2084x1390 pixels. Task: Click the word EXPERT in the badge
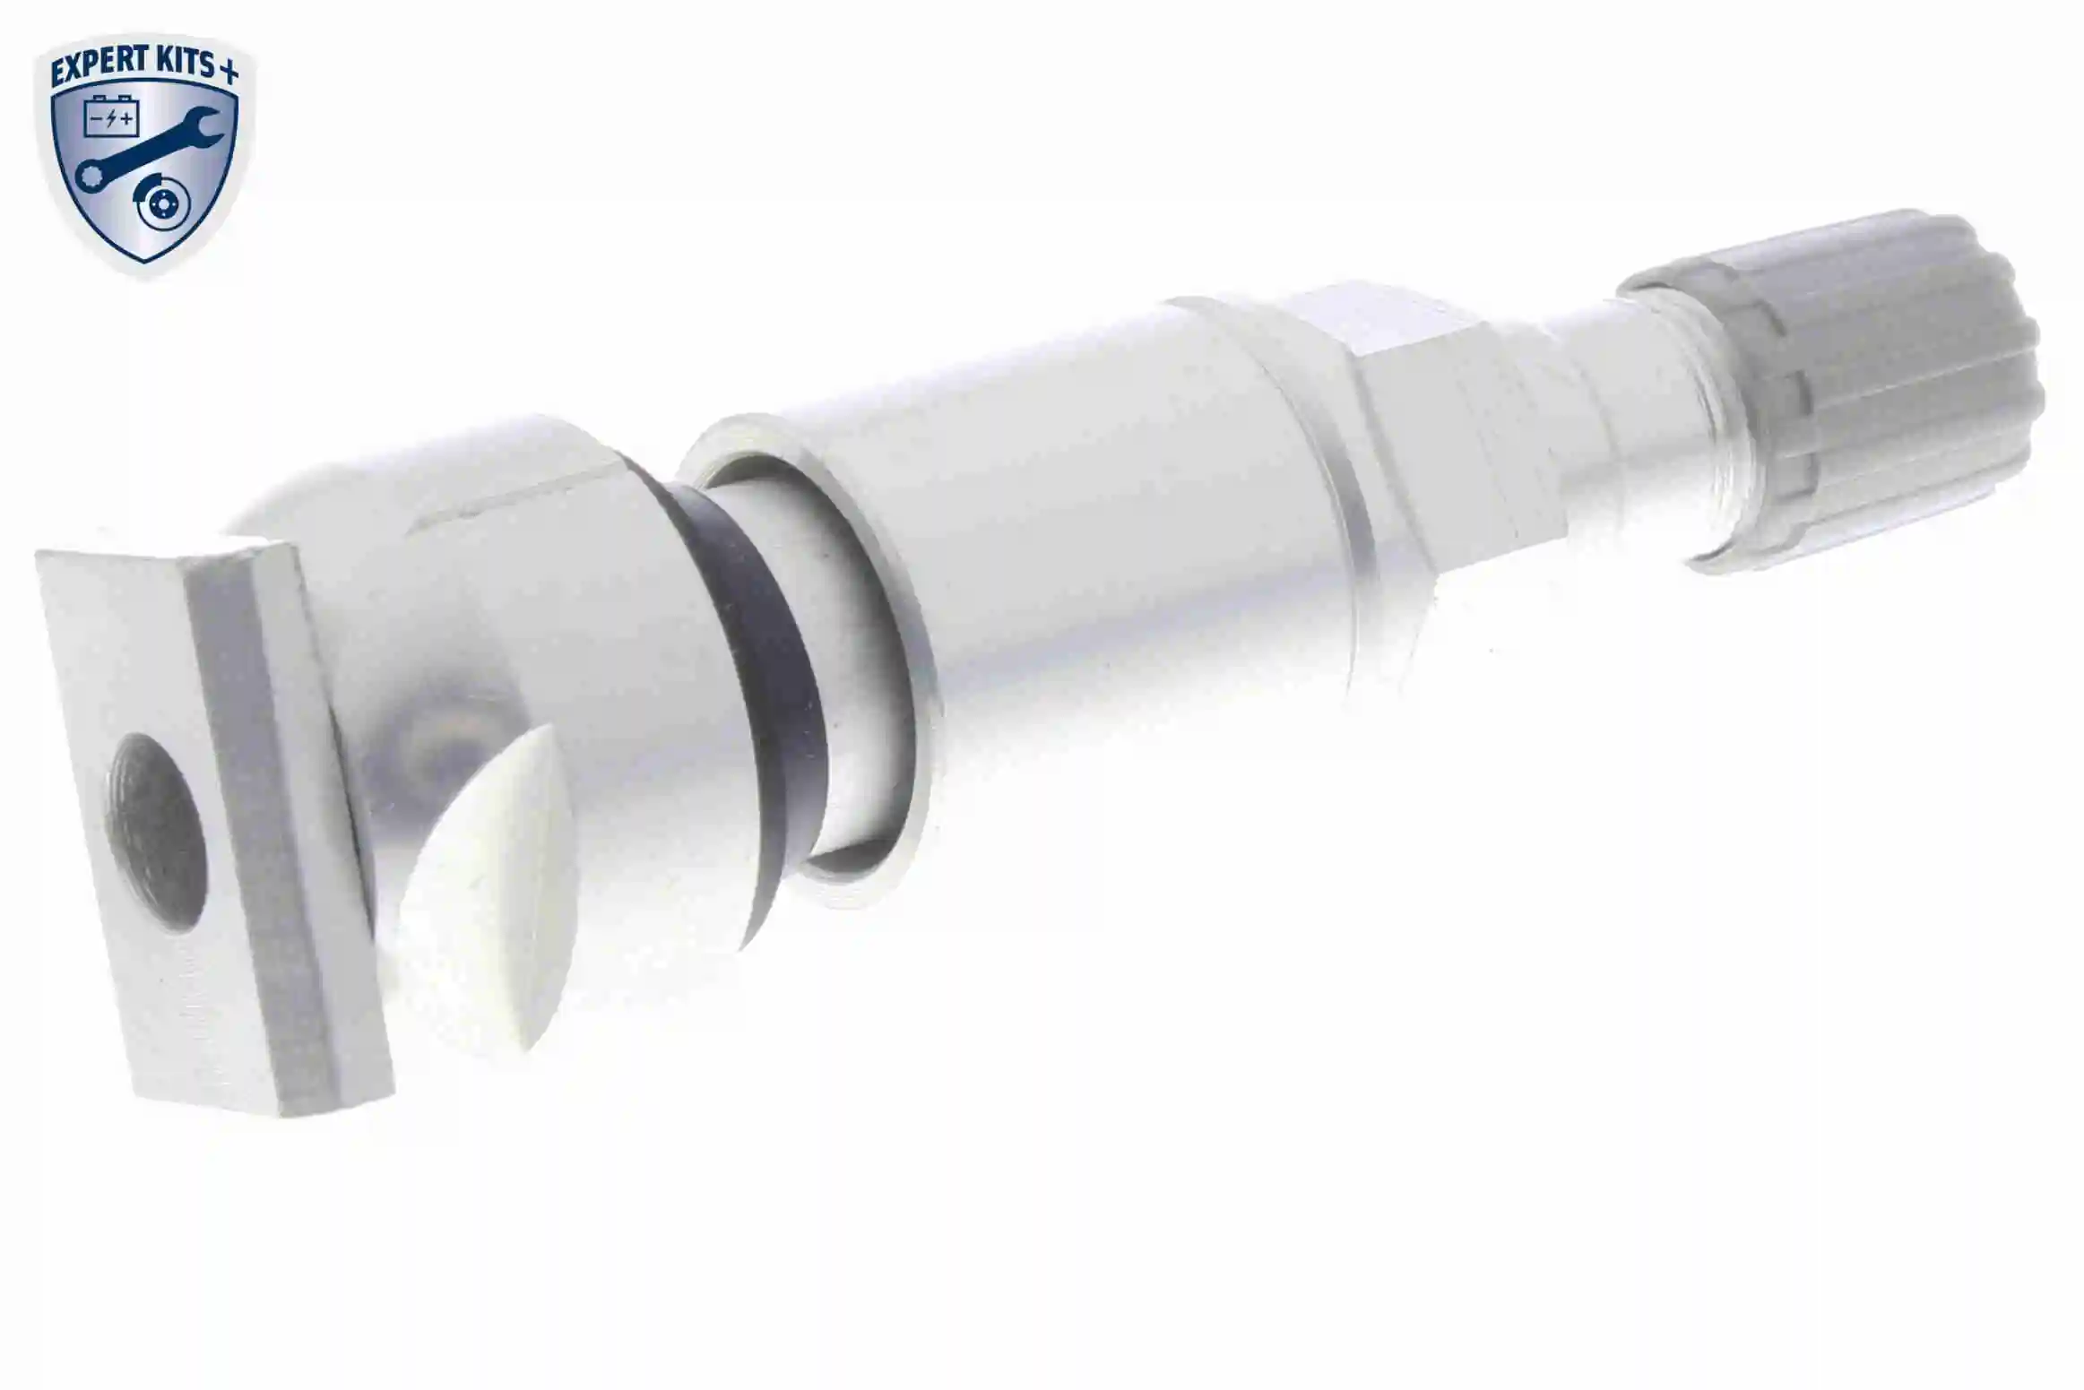click(98, 69)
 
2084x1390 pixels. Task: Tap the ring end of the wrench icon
click(88, 176)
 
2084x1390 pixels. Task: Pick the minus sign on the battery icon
click(96, 119)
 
